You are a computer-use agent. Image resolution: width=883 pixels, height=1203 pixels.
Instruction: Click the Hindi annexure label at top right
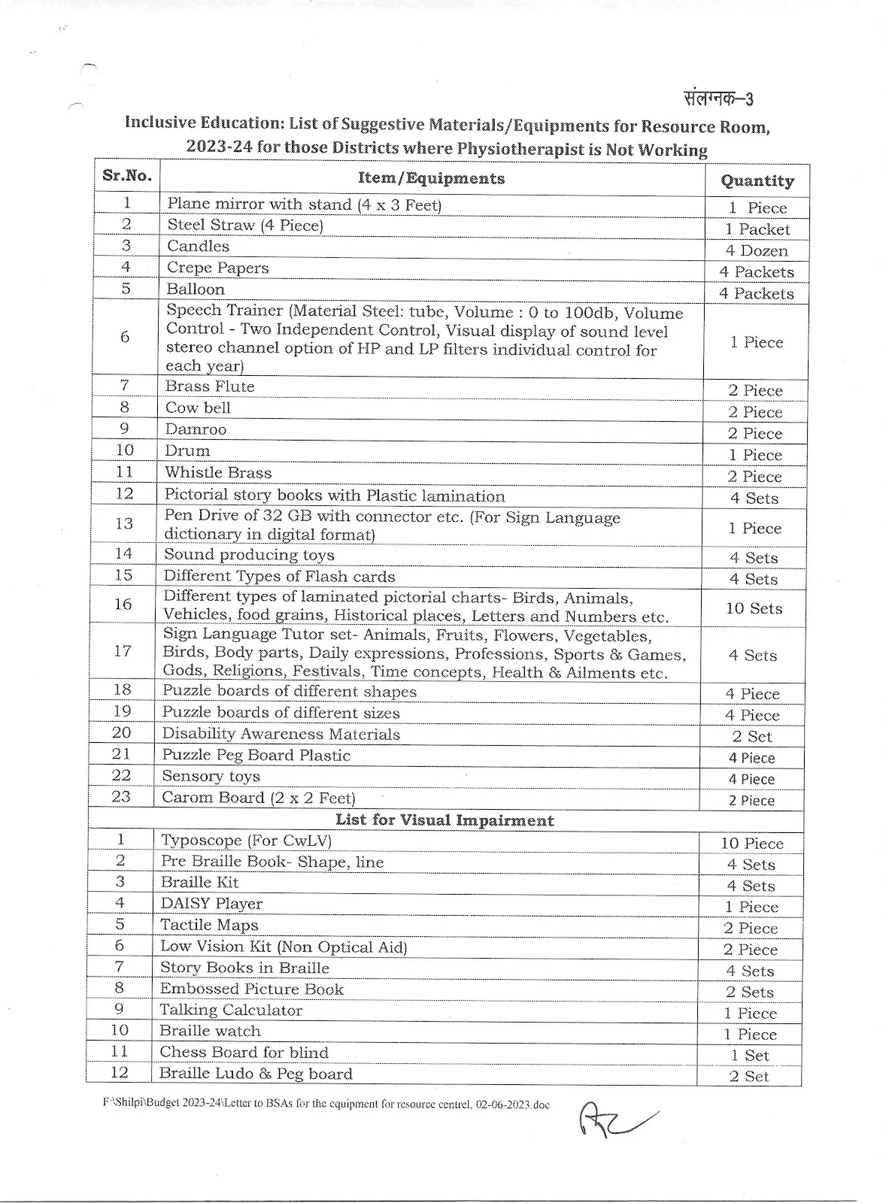click(x=718, y=99)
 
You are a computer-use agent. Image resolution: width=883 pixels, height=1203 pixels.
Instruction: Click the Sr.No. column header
click(x=127, y=177)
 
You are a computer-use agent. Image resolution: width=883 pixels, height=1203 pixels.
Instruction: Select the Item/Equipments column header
click(x=432, y=179)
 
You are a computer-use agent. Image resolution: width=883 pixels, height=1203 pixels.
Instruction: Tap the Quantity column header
click(x=757, y=181)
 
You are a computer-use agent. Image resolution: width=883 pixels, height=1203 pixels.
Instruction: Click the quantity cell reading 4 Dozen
click(x=756, y=251)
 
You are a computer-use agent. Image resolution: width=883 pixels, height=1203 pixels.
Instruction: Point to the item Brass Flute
click(x=210, y=386)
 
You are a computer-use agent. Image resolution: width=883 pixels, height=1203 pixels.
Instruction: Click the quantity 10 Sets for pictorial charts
click(x=754, y=608)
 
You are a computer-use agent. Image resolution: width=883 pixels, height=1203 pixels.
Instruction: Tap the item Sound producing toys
click(x=249, y=555)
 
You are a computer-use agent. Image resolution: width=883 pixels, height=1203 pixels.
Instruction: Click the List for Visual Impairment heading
click(x=444, y=820)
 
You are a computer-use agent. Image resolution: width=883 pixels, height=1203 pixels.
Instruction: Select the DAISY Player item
click(x=211, y=904)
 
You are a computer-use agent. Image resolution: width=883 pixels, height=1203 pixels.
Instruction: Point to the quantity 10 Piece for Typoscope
click(x=751, y=844)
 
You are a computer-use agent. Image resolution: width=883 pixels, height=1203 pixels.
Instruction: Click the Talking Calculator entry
click(x=230, y=1011)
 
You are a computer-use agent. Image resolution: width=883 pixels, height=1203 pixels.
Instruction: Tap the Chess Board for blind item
click(x=244, y=1053)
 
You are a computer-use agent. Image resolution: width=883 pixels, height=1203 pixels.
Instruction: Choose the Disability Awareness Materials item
click(x=281, y=735)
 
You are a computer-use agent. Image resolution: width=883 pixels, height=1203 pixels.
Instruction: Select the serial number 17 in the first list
click(x=123, y=651)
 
